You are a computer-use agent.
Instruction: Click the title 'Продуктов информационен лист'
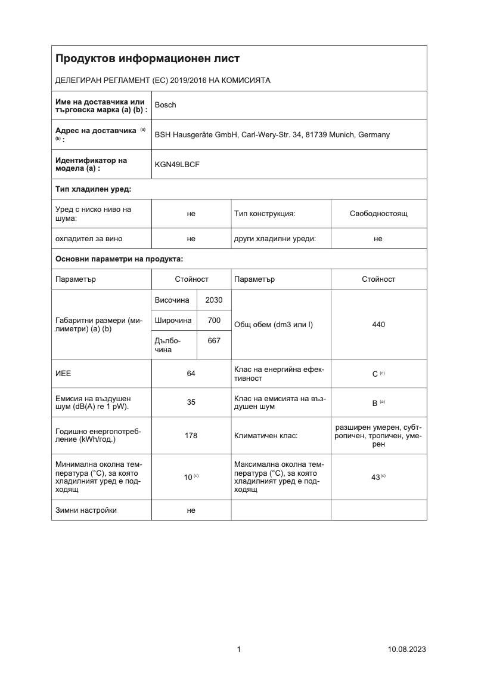[147, 59]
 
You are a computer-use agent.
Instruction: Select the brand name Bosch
[165, 105]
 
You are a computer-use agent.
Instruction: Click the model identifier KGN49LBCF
[177, 164]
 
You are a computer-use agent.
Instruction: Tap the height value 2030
[213, 300]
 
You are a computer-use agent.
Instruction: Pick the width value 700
[213, 321]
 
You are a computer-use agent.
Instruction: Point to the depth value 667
[213, 340]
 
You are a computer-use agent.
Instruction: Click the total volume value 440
[378, 325]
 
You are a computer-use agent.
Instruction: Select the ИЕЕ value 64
[191, 374]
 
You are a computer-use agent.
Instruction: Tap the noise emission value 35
[191, 402]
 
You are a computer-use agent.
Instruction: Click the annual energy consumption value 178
[191, 436]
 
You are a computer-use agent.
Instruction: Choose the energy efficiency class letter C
[375, 374]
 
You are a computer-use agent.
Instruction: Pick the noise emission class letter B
[375, 403]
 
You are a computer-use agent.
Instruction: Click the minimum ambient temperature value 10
[188, 477]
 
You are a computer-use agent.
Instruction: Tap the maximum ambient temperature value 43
[375, 477]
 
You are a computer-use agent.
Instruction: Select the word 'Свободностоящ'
[378, 213]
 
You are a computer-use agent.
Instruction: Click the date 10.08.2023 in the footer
[406, 650]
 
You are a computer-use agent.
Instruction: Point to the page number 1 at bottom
[239, 650]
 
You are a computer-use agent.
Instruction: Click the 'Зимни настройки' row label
[86, 510]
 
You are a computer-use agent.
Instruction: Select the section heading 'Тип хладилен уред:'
[93, 189]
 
